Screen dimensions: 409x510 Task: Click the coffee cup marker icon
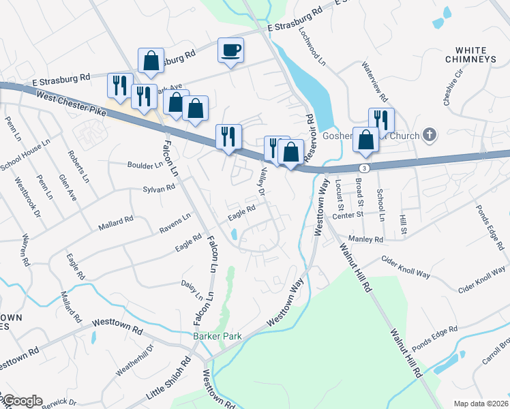pos(230,50)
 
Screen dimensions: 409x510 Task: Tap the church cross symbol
pos(430,134)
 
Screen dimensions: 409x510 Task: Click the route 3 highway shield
pos(365,167)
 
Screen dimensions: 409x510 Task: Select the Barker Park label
pos(218,336)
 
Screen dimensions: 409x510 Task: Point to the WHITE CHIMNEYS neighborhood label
pos(475,55)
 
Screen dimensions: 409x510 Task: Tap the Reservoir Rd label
pos(309,129)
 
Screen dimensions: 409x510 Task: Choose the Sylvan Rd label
pos(160,189)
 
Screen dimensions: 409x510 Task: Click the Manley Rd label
pos(366,239)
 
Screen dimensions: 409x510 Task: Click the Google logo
pos(22,401)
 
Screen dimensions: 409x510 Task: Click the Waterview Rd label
pos(375,79)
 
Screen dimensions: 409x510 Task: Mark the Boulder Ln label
pos(145,164)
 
